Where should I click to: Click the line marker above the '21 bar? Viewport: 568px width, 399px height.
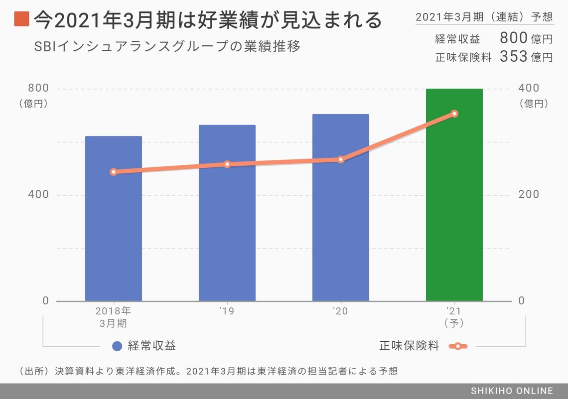tap(454, 114)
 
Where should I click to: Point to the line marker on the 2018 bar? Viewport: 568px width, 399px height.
tap(113, 172)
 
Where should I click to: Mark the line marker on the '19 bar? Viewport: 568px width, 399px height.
tap(227, 164)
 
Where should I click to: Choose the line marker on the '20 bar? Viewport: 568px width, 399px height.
tap(340, 159)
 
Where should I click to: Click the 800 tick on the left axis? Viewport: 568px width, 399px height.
tap(38, 88)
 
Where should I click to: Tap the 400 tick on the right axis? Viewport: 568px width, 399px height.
tap(529, 88)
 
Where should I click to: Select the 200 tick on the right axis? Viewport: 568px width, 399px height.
tap(529, 194)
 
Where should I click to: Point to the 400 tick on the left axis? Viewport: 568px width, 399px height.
tap(38, 194)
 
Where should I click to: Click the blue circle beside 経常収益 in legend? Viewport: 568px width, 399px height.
tap(118, 346)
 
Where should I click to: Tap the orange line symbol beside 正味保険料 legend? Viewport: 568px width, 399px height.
tap(457, 346)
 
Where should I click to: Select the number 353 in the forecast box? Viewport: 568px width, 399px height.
tap(513, 56)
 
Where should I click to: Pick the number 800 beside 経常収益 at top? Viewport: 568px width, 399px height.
tap(513, 38)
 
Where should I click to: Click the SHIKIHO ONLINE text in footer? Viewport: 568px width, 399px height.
tap(512, 391)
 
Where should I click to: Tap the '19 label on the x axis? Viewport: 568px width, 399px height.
tap(227, 311)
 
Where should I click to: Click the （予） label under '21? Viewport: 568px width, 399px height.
tap(454, 323)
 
